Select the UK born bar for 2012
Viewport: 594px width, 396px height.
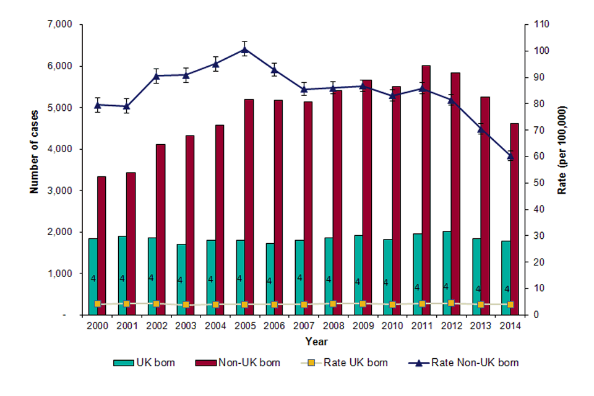pos(447,273)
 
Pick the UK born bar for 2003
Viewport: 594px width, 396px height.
pos(181,279)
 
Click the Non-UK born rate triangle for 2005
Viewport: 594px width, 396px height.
pos(244,49)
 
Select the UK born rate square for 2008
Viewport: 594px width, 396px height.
pos(333,304)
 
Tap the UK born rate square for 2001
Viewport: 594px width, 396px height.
pos(126,304)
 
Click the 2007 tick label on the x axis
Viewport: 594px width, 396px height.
pos(303,326)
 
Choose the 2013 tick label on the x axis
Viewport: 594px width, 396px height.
pos(481,326)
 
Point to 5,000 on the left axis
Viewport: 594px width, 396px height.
pos(61,108)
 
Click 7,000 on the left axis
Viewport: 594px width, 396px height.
pos(61,25)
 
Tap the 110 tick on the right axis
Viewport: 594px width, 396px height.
pos(532,25)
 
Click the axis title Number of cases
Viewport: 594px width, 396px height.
pos(35,148)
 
